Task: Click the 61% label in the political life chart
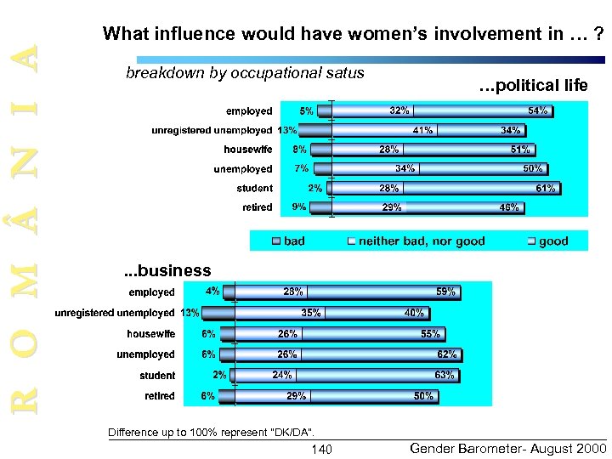pos(546,188)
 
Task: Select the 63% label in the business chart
pos(444,375)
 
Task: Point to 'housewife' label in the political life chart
pos(248,150)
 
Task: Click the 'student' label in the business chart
pos(157,376)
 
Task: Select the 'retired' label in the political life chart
pos(257,207)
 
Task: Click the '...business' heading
pos(167,271)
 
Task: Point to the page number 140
pos(323,449)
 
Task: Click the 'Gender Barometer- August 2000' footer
pos(507,448)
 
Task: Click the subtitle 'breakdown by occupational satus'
pos(245,73)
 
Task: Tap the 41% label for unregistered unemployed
pos(422,130)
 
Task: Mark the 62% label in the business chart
pos(446,354)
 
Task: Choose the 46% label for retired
pos(509,207)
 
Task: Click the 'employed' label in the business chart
pos(151,292)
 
